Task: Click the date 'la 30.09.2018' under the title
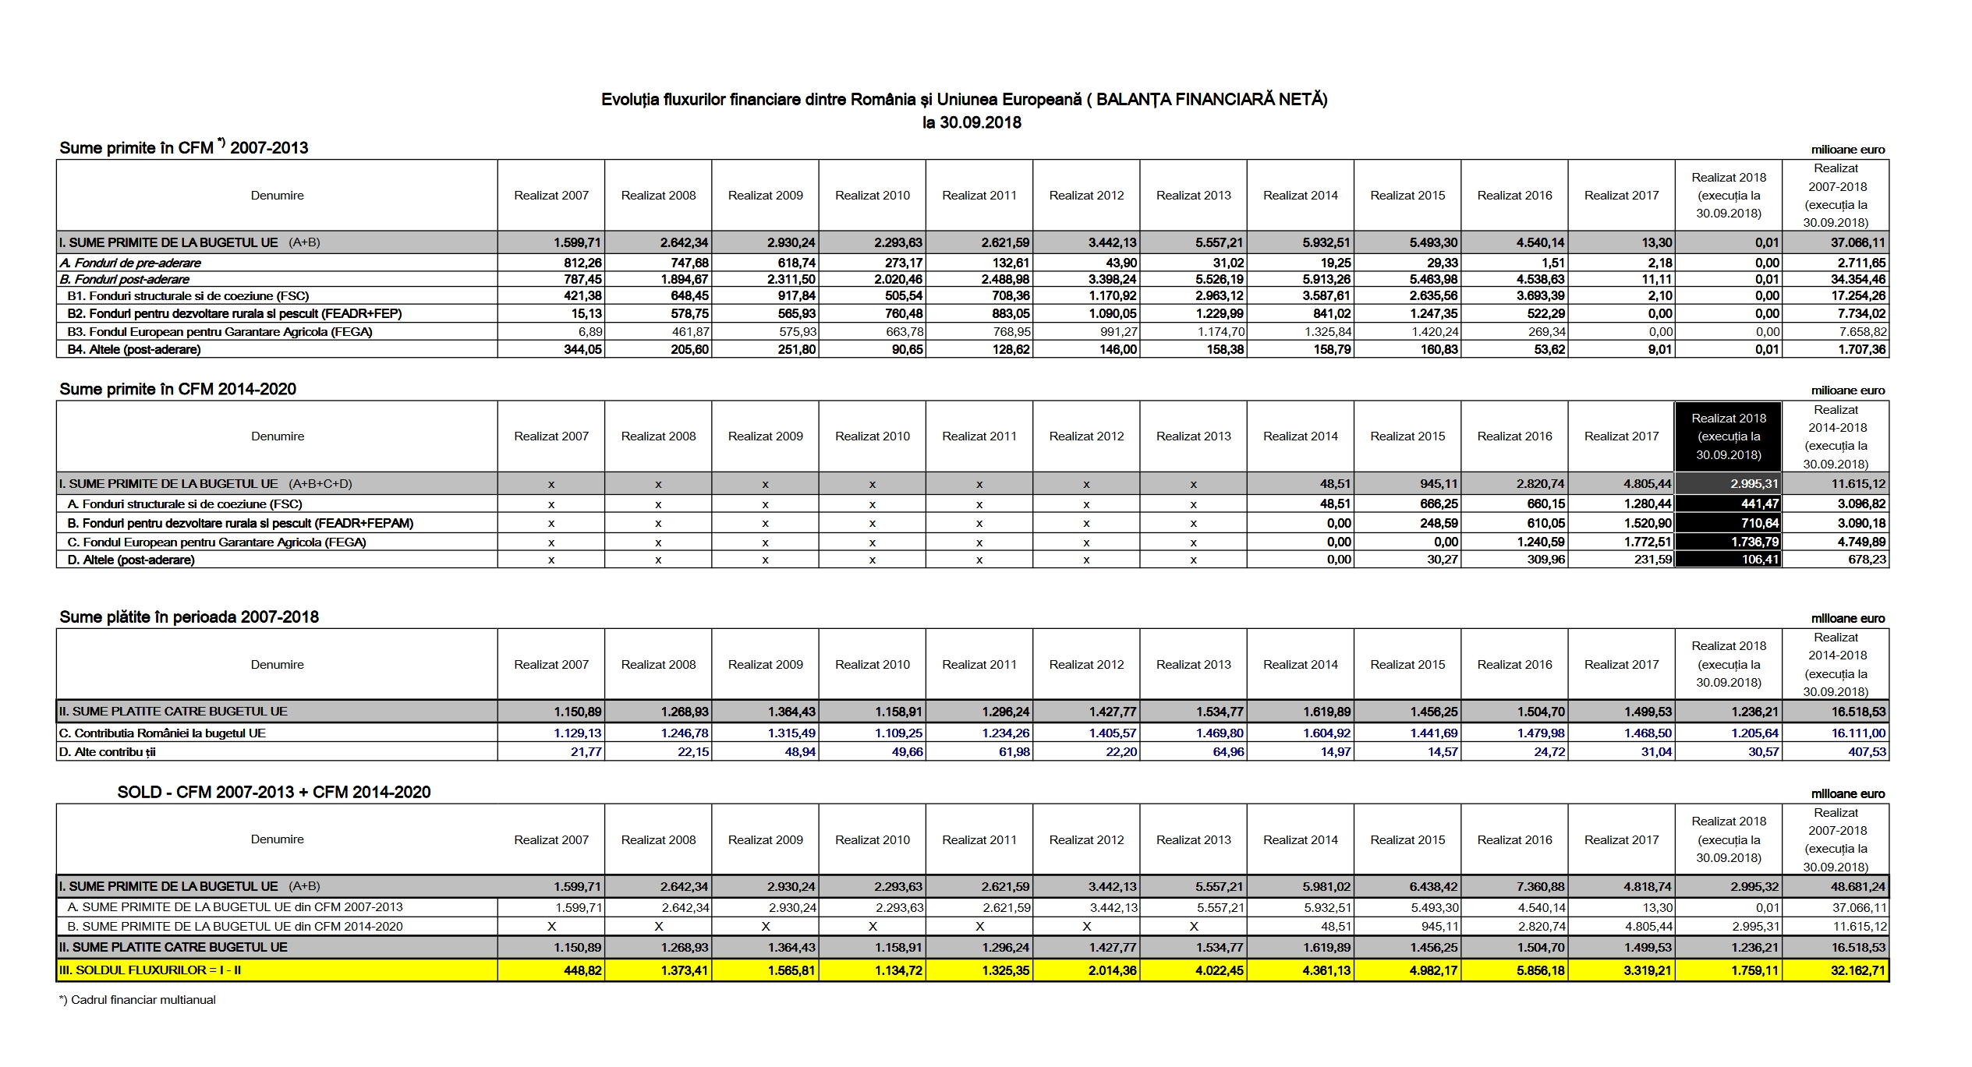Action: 971,122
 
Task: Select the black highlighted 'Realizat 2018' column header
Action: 1728,436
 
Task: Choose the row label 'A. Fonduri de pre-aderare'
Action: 130,263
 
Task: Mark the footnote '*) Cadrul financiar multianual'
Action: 137,1000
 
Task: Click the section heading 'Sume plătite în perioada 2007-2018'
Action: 189,617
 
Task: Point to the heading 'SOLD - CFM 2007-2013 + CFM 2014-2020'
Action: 274,793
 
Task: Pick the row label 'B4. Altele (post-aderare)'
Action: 134,350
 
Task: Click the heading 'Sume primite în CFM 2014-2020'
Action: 178,390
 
